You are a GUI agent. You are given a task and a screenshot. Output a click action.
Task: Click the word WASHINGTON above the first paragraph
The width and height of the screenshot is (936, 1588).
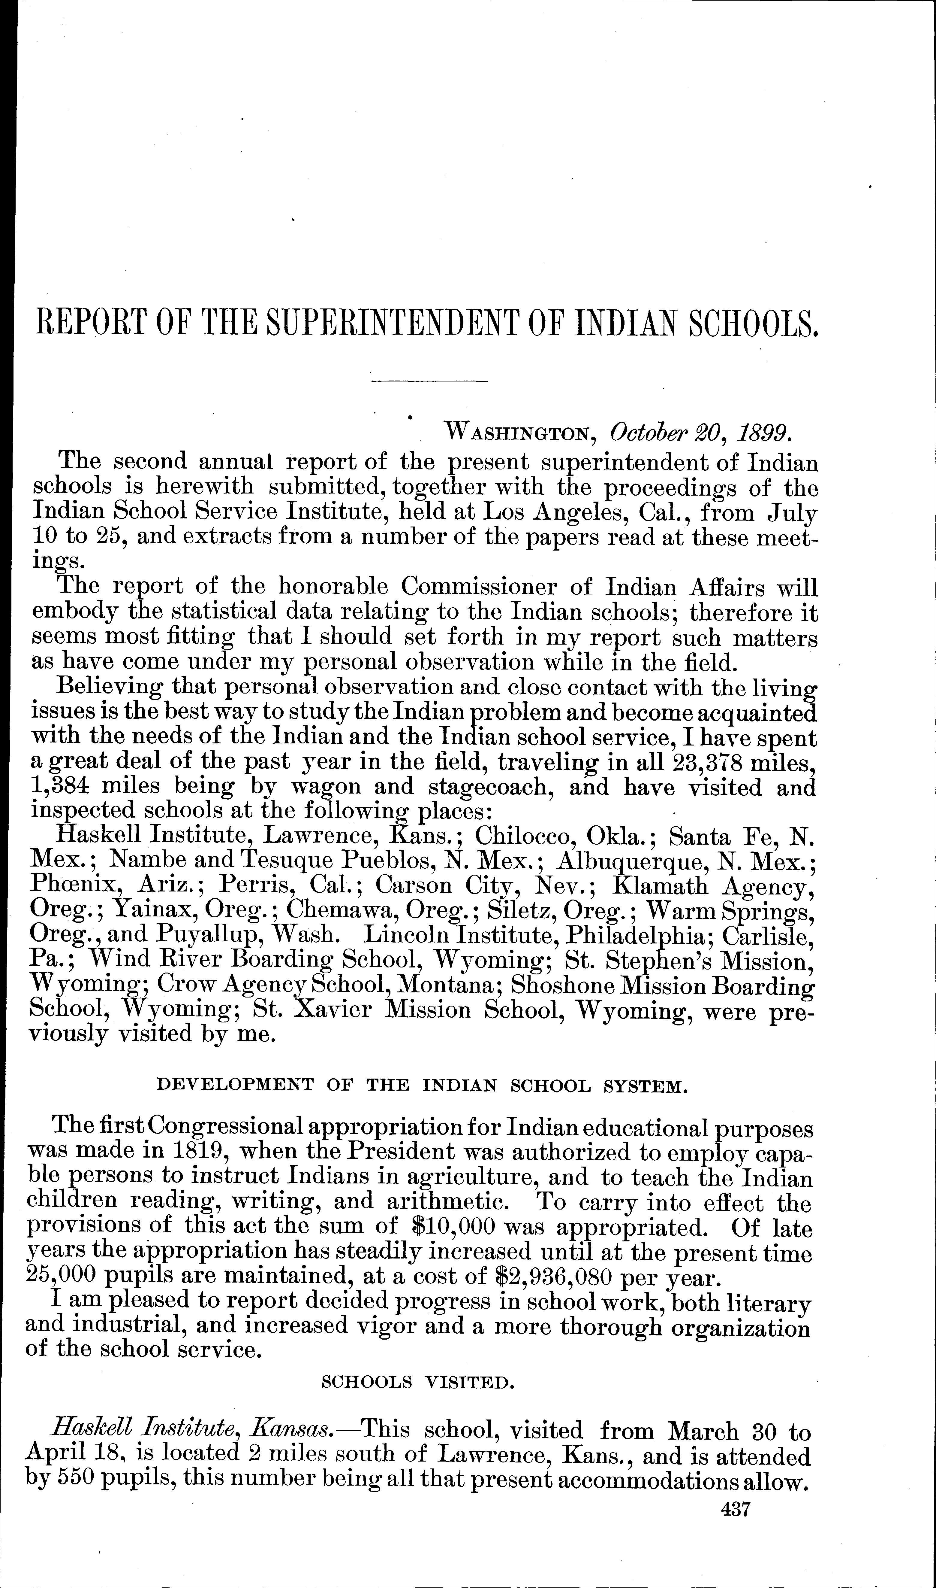(517, 433)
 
